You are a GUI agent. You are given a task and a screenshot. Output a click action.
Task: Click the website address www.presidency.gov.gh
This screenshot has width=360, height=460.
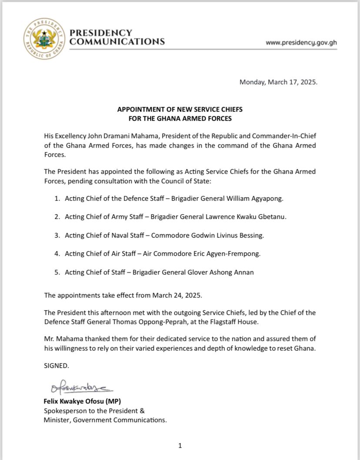coord(301,43)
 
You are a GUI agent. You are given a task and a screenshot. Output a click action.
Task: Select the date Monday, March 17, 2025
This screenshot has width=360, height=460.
coord(278,82)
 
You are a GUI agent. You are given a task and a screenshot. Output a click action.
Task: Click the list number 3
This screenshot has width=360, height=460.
coord(57,235)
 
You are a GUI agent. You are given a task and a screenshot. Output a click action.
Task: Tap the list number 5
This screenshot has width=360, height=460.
coord(57,272)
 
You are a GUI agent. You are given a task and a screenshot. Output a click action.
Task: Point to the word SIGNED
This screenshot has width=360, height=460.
coord(57,366)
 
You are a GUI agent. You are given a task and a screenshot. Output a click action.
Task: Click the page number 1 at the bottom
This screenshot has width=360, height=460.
coord(180,446)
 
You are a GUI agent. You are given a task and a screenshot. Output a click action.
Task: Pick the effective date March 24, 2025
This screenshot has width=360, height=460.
coord(177,295)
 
